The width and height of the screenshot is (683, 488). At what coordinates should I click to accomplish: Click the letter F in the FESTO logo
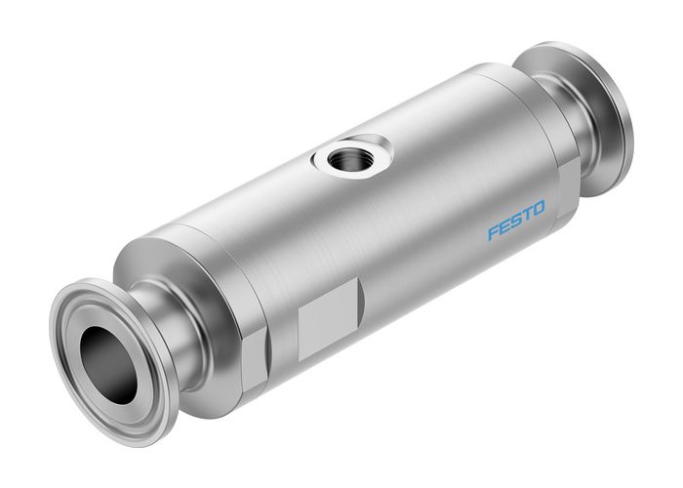click(493, 234)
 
